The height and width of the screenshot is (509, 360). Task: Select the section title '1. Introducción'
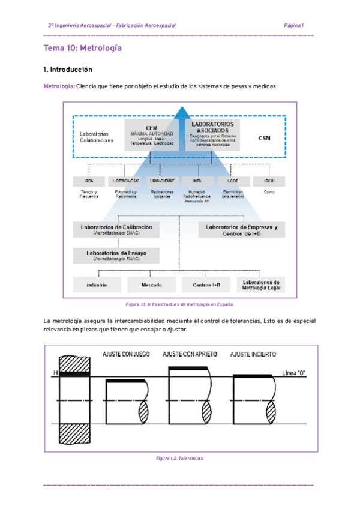click(68, 70)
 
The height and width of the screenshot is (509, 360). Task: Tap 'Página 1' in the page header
click(294, 26)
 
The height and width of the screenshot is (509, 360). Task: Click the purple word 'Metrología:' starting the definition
click(59, 86)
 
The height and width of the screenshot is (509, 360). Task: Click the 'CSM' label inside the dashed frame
click(264, 139)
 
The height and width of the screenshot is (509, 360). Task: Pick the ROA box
click(88, 181)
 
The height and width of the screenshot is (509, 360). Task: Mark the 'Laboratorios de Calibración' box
click(116, 230)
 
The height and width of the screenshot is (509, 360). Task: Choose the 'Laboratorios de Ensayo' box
click(116, 256)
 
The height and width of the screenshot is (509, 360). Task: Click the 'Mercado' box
click(152, 285)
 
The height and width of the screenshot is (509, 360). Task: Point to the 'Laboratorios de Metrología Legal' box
click(261, 285)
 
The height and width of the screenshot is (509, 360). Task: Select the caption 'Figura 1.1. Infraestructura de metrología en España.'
click(179, 305)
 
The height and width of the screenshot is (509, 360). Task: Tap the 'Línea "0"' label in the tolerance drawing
click(293, 373)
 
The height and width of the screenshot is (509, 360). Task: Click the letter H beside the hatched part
click(55, 375)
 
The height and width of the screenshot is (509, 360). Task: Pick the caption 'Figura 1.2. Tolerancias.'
click(179, 458)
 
